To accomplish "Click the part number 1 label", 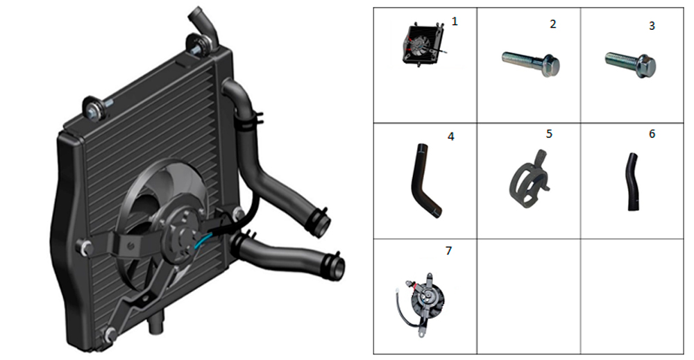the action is [455, 22].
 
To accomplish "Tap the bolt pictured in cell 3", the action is [631, 64].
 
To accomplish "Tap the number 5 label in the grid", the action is [549, 134].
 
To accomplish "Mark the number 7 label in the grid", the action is [448, 251].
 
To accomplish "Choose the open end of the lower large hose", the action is [337, 267].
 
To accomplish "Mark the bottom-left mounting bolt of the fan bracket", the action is [110, 335].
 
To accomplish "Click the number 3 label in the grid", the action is [652, 26].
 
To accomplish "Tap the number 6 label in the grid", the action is [652, 134].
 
